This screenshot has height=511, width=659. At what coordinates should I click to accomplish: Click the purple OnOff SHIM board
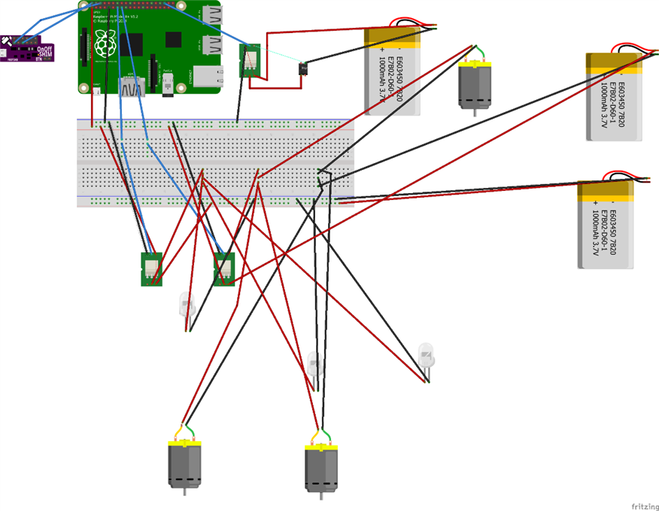(x=27, y=49)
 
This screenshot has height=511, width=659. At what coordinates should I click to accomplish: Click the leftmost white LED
(x=186, y=304)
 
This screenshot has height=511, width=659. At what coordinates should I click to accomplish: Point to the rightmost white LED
(x=427, y=354)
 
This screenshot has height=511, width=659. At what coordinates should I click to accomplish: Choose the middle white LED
(x=316, y=365)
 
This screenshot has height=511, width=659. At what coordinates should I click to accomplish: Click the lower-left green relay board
(x=152, y=268)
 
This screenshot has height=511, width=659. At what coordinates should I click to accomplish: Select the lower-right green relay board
(x=223, y=268)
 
